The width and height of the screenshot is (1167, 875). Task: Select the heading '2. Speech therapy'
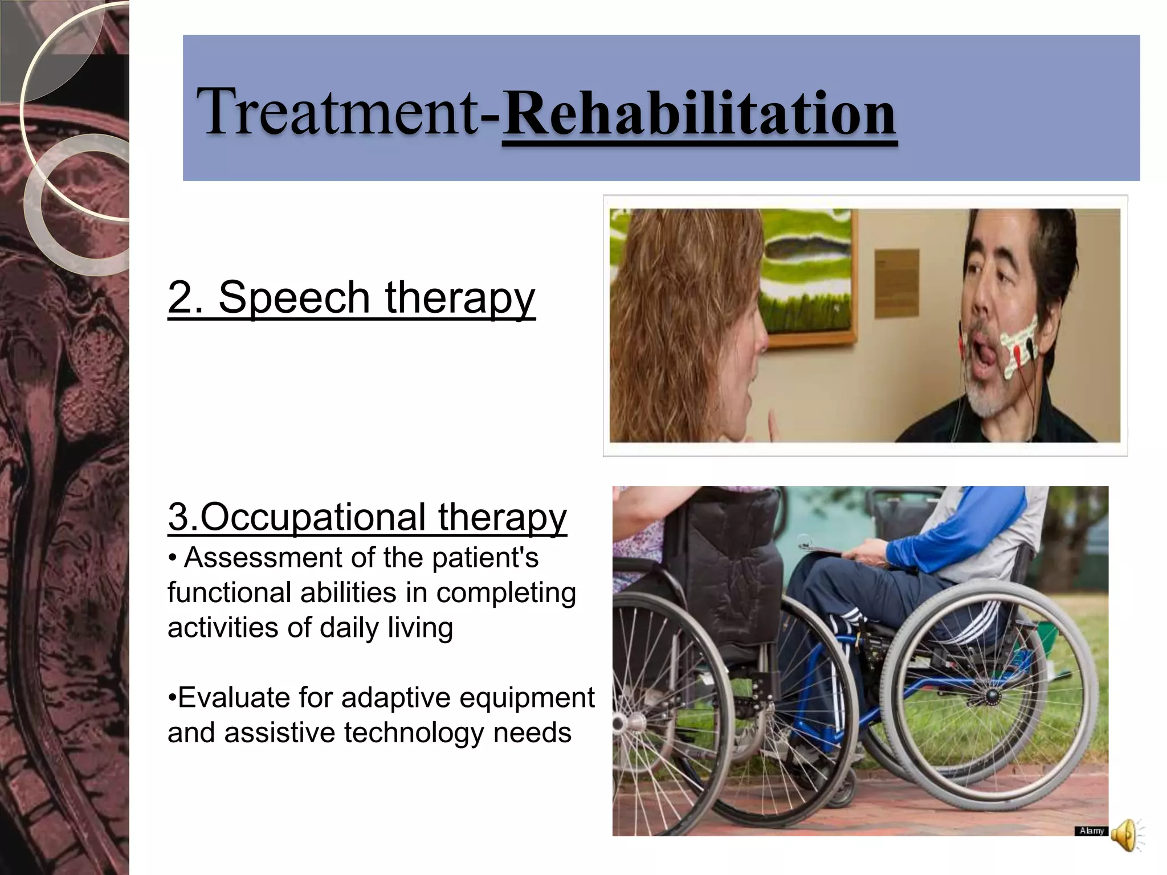coord(352,297)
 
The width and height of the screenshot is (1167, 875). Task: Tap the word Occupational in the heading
coord(313,517)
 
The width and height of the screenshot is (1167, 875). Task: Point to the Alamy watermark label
coord(1091,831)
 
